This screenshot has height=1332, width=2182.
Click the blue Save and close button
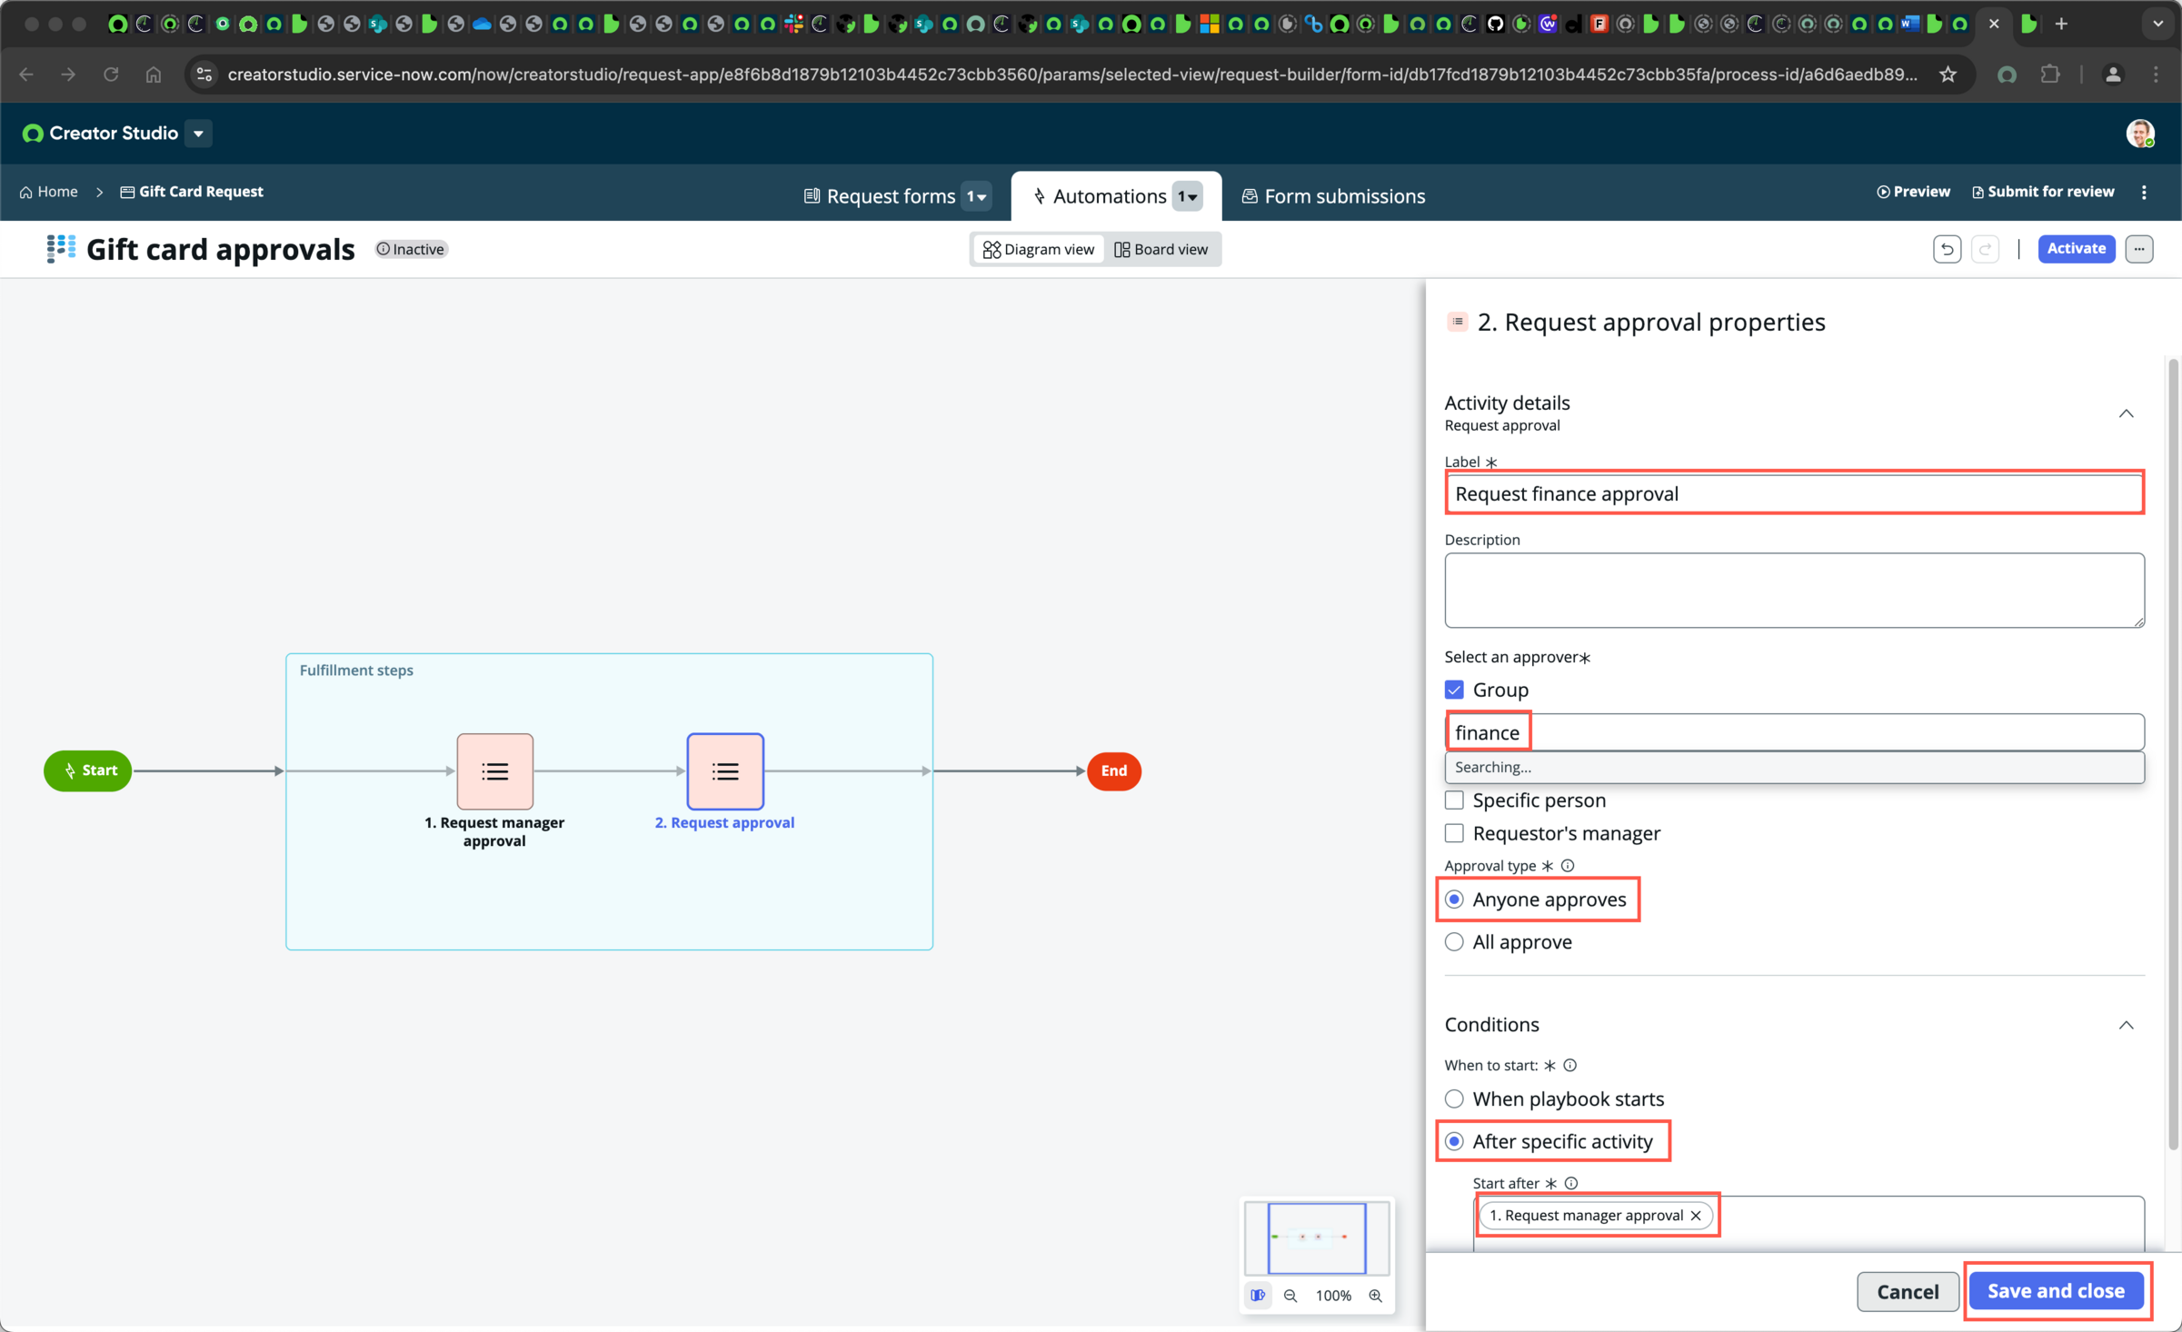pos(2056,1290)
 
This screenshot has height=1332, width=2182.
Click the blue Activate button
pos(2076,248)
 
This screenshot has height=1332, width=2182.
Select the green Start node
pos(88,770)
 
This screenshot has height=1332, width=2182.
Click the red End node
pos(1114,770)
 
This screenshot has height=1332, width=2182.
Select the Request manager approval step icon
pos(494,771)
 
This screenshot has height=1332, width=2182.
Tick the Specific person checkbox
pos(1454,800)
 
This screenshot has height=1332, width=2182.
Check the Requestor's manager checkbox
pos(1454,833)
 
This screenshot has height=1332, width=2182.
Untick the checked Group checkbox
pos(1454,690)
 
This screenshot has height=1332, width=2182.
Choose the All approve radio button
pos(1454,942)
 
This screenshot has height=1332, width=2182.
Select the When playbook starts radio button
pos(1454,1099)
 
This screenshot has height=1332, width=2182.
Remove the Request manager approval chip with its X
pos(1696,1216)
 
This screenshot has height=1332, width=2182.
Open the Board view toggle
pos(1161,249)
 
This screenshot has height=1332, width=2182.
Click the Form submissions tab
pos(1333,195)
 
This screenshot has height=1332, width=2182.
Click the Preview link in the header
pos(1913,192)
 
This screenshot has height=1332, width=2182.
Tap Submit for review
pos(2043,192)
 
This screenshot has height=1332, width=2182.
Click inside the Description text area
pos(1794,591)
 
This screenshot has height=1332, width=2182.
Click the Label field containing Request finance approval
pos(1794,493)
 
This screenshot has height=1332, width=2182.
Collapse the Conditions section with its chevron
pos(2126,1025)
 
